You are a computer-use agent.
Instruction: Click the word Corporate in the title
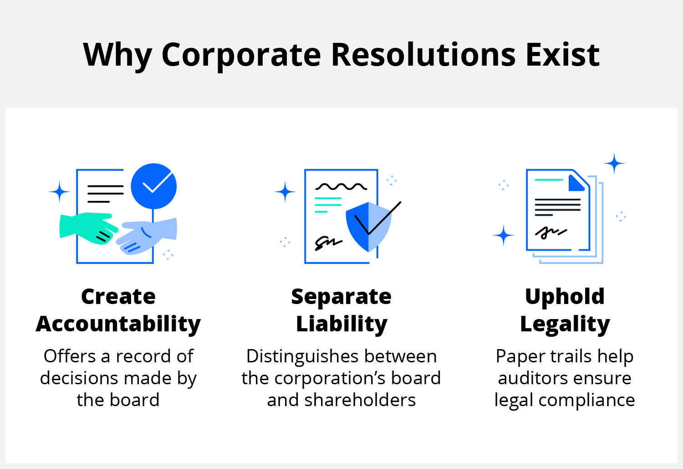[x=241, y=56]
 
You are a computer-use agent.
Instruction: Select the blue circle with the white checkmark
[x=154, y=186]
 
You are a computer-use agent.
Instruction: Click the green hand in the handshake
[x=88, y=228]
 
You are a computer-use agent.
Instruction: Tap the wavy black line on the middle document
[x=341, y=186]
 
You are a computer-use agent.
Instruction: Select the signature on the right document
[x=551, y=232]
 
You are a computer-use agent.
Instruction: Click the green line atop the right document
[x=549, y=180]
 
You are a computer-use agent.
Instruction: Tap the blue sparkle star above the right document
[x=614, y=163]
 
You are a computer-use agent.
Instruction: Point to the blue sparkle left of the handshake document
[x=60, y=191]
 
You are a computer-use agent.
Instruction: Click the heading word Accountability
[x=118, y=325]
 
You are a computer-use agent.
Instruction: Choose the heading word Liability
[x=341, y=325]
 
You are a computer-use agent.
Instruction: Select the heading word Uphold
[x=565, y=297]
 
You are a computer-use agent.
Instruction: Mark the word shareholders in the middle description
[x=360, y=400]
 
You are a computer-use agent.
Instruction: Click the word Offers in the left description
[x=70, y=356]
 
